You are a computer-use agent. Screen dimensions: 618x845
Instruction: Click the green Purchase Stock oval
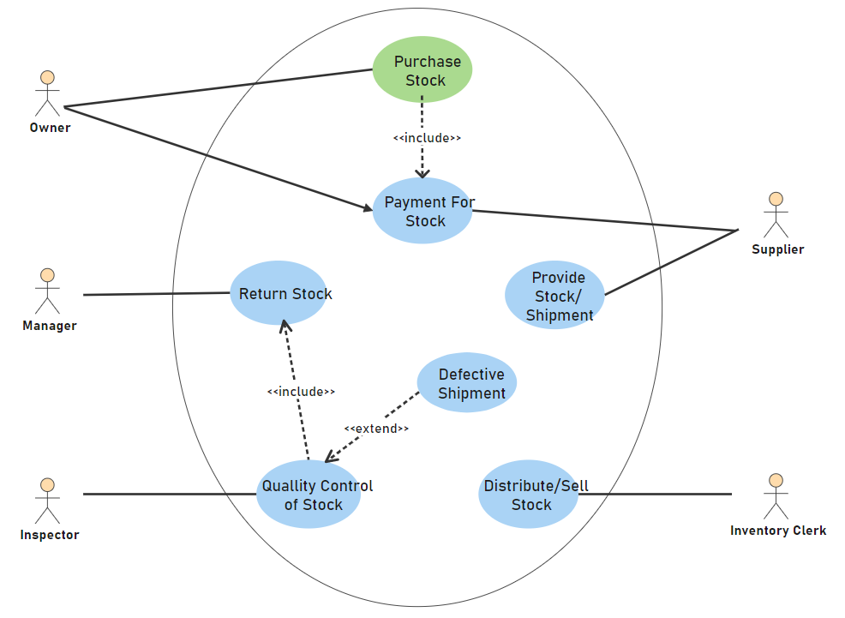[422, 70]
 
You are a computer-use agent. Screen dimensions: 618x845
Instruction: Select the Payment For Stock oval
[422, 211]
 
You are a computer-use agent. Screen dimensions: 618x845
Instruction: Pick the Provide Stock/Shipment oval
[554, 295]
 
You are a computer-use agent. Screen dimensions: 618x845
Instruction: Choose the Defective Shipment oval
[467, 383]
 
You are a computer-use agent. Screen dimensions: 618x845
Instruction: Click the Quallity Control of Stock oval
[309, 495]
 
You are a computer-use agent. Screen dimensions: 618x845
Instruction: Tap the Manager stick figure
[47, 291]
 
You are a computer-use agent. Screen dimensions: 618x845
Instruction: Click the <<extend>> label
[376, 429]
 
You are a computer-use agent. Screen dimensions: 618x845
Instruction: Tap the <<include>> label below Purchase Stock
[427, 137]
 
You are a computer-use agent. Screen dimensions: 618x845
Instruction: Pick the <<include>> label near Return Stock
[300, 392]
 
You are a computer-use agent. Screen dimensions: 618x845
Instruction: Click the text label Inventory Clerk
[778, 531]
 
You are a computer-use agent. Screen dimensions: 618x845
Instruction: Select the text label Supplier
[777, 249]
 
